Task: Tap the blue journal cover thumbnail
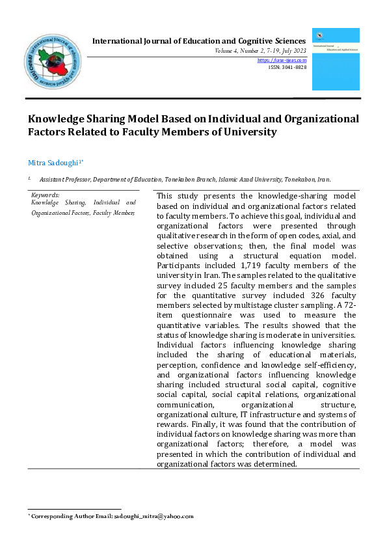click(x=335, y=59)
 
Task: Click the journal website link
click(x=282, y=60)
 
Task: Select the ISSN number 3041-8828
click(x=292, y=67)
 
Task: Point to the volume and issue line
click(x=260, y=51)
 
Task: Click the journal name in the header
click(x=199, y=41)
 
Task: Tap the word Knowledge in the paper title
click(x=60, y=119)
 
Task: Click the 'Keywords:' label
click(x=46, y=195)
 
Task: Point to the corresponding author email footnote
click(x=111, y=516)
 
